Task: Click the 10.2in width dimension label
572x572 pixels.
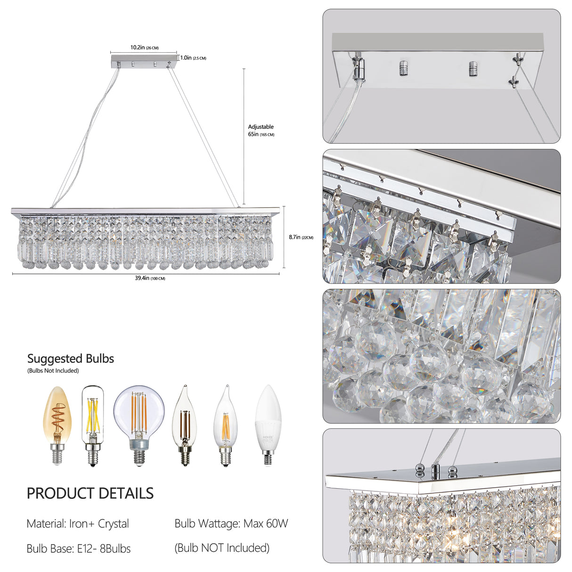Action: (144, 48)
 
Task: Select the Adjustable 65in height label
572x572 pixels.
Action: (261, 131)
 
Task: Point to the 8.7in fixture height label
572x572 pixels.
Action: (301, 237)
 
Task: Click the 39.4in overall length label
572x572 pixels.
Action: (150, 278)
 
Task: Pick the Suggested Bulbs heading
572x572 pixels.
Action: (71, 359)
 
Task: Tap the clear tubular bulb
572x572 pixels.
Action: (93, 424)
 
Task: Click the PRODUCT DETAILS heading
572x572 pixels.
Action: (90, 493)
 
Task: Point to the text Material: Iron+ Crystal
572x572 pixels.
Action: (78, 523)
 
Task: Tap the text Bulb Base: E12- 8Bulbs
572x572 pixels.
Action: (79, 548)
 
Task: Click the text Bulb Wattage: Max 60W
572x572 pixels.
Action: (231, 523)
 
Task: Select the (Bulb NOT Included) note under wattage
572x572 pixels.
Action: (222, 548)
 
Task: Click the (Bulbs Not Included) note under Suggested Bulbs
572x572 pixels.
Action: (53, 371)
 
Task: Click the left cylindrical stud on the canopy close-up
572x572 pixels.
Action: (404, 68)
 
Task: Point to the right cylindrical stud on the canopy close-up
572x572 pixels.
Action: (473, 69)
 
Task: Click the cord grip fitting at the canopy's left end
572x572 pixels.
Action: (359, 69)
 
